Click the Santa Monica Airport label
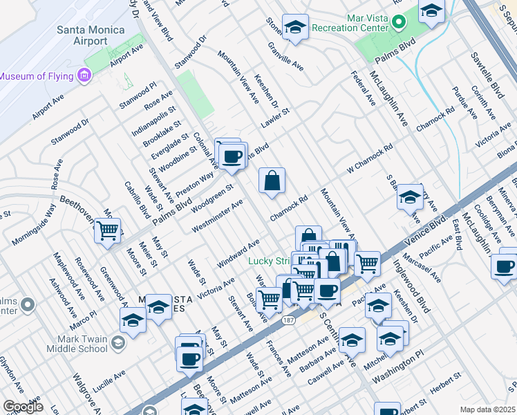(91, 36)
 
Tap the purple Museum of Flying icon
(86, 75)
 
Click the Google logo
(22, 407)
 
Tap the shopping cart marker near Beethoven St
(107, 230)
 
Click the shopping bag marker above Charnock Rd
(272, 181)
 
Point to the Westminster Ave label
(218, 216)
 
